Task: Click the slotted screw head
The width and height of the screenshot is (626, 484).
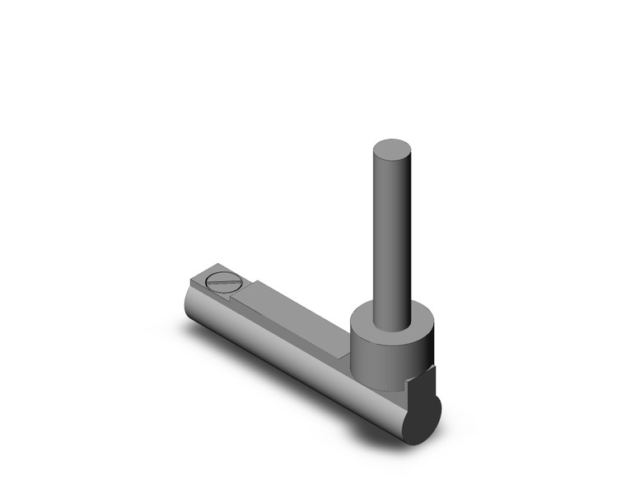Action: (x=222, y=281)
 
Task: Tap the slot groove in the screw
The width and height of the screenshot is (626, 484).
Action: (x=222, y=282)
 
